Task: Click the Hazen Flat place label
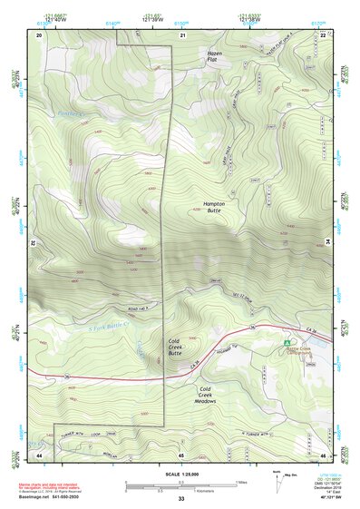214,58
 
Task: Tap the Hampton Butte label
213,207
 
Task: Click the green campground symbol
287,343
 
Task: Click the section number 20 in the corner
38,34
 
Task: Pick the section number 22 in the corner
323,34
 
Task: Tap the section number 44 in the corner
38,454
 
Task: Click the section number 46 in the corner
323,454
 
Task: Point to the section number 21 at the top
182,34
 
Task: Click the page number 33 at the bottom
180,498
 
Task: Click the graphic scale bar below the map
180,484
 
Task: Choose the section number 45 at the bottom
182,454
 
